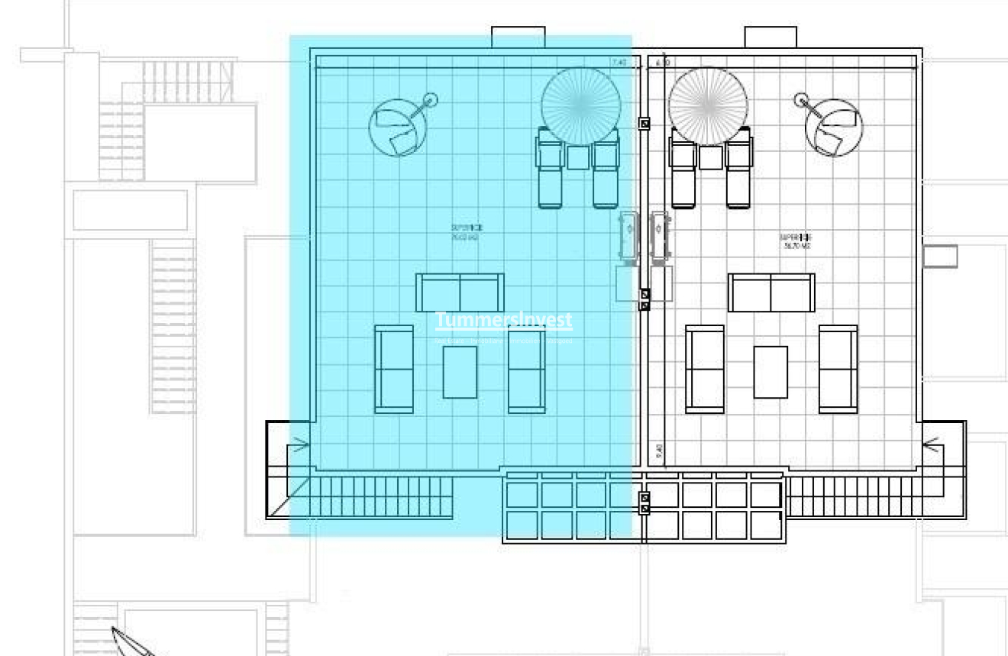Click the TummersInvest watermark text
tap(503, 320)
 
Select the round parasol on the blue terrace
tap(580, 105)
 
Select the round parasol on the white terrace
tap(709, 105)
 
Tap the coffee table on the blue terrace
tap(460, 372)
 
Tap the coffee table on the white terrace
tap(771, 372)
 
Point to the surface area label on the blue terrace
tap(466, 232)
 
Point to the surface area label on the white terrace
tap(795, 242)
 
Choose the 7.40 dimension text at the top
tap(619, 63)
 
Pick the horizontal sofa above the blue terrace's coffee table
tap(460, 292)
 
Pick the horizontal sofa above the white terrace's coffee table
tap(771, 293)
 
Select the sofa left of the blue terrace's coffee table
tap(394, 370)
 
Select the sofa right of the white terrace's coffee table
tap(838, 370)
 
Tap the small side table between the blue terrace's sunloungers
tap(578, 157)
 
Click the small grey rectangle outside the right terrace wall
tap(939, 257)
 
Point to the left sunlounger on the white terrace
tap(683, 168)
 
